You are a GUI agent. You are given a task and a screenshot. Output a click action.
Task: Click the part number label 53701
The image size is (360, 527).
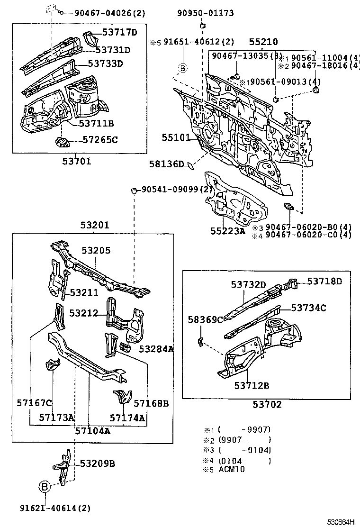tap(76, 161)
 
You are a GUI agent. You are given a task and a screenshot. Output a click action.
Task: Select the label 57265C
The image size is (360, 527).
tap(100, 140)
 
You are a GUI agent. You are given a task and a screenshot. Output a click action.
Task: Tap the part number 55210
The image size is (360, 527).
tap(263, 42)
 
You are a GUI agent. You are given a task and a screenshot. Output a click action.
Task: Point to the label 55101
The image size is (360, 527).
tap(176, 138)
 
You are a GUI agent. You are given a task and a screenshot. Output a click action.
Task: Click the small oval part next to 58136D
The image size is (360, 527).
tap(189, 165)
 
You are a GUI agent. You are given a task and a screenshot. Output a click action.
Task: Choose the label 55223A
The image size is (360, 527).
tap(228, 231)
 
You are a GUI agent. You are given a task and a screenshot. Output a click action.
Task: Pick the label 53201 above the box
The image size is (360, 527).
tap(94, 225)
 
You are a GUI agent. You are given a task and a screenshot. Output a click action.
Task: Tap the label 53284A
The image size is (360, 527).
tap(156, 349)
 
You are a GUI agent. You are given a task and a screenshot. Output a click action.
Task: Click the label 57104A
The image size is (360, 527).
tap(93, 431)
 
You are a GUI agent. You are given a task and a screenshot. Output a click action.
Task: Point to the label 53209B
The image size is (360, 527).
tap(97, 463)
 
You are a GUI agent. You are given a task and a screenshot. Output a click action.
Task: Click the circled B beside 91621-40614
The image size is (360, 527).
tap(44, 487)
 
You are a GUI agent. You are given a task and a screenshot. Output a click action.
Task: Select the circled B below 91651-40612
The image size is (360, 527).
tap(184, 69)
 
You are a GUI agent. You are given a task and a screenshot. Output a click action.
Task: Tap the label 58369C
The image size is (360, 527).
tap(205, 319)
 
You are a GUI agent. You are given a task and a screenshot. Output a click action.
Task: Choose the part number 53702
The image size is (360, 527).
tap(267, 405)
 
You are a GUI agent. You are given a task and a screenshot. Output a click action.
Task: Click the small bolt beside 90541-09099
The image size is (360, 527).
tap(134, 191)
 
